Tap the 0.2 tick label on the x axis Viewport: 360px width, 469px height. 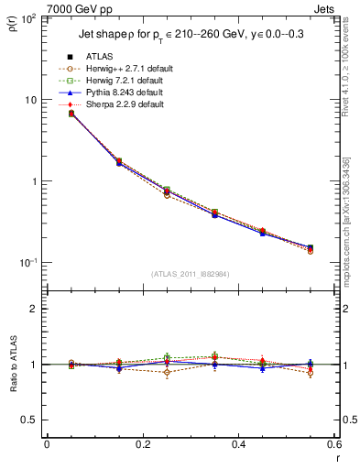[x=142, y=444]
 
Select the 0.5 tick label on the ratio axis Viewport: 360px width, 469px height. [x=31, y=420]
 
